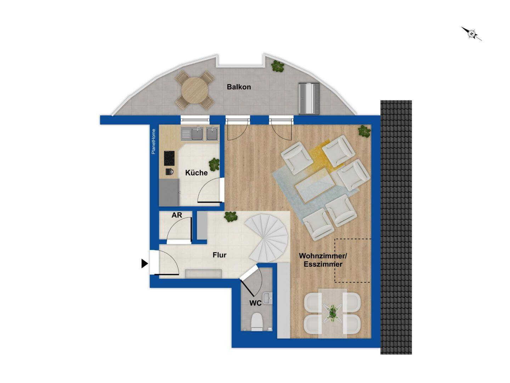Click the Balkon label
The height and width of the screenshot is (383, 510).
(x=239, y=87)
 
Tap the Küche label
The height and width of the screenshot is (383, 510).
(x=196, y=173)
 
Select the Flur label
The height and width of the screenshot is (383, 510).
(x=219, y=255)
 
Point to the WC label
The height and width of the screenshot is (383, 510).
(x=255, y=303)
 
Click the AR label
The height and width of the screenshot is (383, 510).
(x=177, y=216)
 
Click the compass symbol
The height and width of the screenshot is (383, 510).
(x=472, y=34)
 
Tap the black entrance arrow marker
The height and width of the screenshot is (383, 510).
(x=144, y=263)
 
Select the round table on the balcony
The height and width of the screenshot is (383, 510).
(x=194, y=90)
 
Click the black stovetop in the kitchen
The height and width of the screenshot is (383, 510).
(x=169, y=159)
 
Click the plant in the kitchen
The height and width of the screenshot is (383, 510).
(x=214, y=164)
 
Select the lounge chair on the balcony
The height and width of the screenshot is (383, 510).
(x=309, y=98)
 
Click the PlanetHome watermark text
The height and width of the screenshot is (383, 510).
(x=153, y=141)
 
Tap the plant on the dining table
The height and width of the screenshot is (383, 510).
(x=332, y=312)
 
